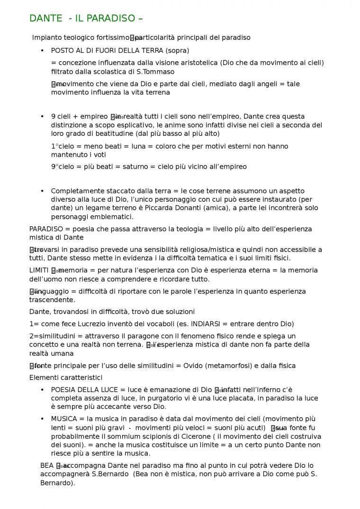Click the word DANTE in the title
coord(45,18)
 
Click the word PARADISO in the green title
coord(111,18)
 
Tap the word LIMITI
coord(39,270)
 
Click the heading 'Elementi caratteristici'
coord(66,377)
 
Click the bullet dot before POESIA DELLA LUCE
coord(42,390)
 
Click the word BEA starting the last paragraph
coord(47,465)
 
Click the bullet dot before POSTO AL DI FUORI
coord(42,50)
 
